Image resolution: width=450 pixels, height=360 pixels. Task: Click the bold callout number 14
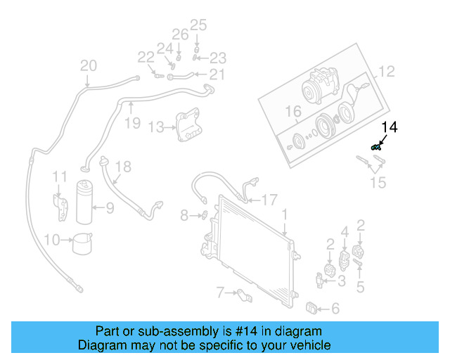coord(390,127)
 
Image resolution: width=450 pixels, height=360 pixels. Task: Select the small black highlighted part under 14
coord(376,146)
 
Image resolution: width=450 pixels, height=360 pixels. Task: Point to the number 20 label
coord(88,66)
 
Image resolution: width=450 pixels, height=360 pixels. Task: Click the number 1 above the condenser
coord(284,214)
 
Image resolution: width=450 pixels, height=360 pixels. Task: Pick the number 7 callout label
coord(219,292)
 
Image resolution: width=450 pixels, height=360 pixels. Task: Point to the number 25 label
coord(198,26)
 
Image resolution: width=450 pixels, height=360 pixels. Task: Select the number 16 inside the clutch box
coord(292,111)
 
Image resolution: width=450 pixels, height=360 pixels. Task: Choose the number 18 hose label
coord(123,167)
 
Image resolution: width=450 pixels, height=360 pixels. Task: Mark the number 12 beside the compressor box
coord(387,71)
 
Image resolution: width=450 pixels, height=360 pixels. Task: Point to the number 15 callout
coord(378,183)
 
